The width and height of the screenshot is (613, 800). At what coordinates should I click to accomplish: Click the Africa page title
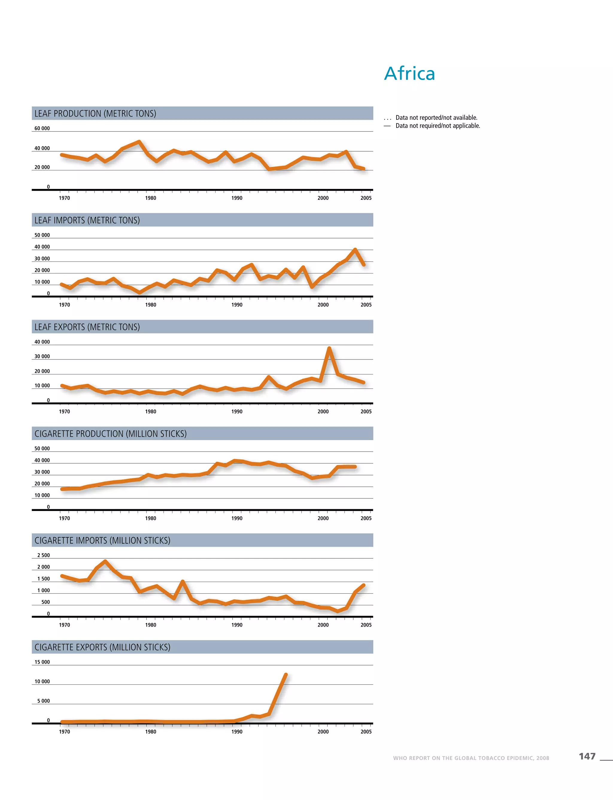click(x=409, y=73)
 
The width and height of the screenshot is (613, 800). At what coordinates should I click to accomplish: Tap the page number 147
click(x=587, y=756)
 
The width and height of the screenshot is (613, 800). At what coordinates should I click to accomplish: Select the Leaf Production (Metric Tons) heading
click(x=95, y=114)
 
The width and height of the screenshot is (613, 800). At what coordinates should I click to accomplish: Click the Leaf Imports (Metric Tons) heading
click(x=87, y=220)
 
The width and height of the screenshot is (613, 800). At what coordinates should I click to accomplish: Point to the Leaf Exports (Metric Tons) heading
click(x=87, y=327)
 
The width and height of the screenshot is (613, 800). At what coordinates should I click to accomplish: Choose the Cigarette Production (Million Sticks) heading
click(x=110, y=434)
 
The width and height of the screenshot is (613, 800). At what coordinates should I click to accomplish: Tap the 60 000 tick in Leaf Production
click(x=42, y=128)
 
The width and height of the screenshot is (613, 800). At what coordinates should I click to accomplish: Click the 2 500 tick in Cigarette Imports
click(x=43, y=555)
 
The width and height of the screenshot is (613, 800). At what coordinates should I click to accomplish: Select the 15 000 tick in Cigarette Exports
click(x=42, y=662)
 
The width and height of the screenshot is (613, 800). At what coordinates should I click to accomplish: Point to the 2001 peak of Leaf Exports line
click(x=329, y=348)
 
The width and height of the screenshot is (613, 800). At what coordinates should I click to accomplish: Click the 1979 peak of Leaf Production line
click(x=139, y=142)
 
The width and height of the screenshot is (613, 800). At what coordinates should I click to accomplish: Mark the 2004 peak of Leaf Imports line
click(x=355, y=249)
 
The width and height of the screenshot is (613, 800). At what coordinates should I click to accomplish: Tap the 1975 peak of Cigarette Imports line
click(x=105, y=561)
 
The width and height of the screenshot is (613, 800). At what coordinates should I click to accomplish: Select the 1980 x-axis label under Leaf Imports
click(x=150, y=305)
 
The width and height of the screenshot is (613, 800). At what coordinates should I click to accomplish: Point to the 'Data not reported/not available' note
click(x=436, y=118)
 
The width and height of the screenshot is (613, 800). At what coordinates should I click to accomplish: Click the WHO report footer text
click(x=471, y=758)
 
